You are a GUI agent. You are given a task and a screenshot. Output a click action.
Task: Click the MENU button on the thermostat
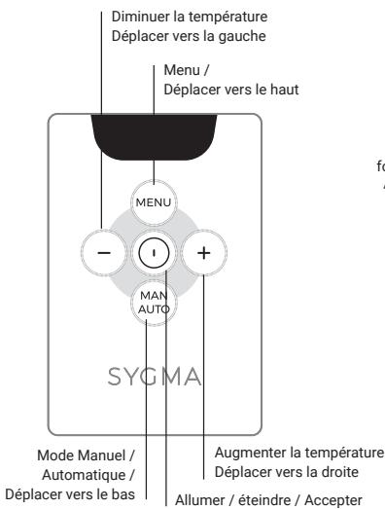click(x=154, y=202)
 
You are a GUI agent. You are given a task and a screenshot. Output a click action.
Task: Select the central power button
click(x=154, y=254)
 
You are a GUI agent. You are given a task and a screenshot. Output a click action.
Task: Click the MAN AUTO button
click(x=154, y=304)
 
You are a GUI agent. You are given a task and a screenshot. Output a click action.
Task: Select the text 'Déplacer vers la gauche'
click(x=174, y=36)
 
